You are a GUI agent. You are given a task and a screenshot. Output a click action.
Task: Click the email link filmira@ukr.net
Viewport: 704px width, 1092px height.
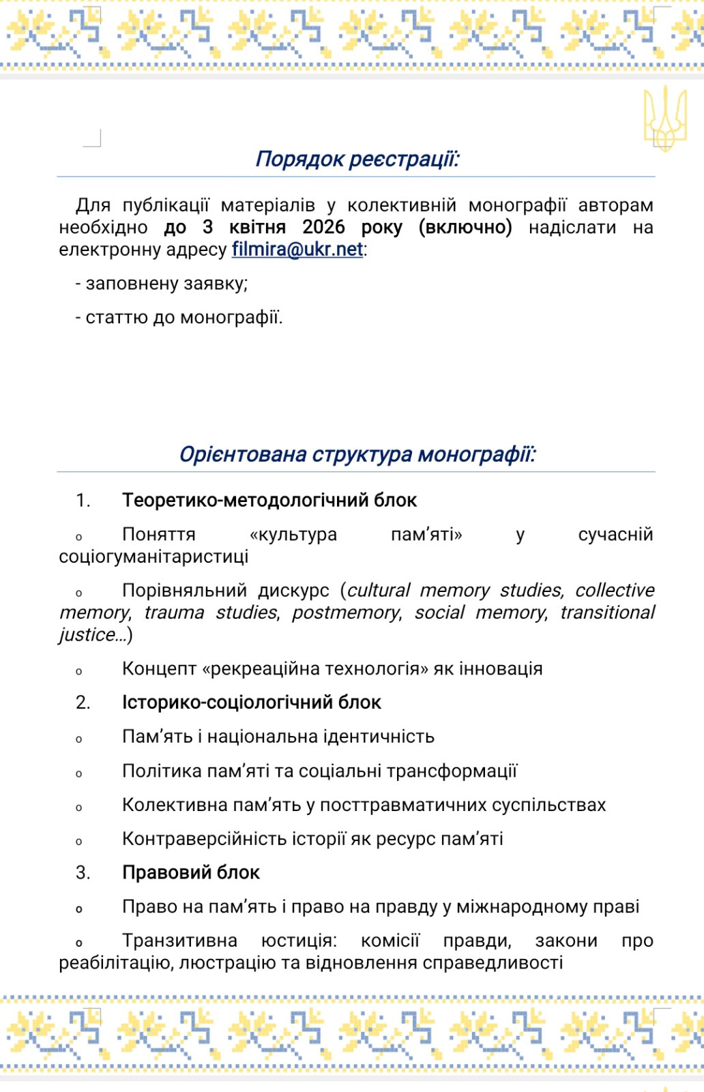pos(297,250)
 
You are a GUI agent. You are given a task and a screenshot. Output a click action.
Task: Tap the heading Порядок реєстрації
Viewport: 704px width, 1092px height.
pos(357,159)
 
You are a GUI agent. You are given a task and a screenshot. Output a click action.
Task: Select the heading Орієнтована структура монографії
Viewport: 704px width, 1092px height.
pos(357,454)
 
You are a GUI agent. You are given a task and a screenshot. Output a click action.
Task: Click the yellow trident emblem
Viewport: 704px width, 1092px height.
pos(664,117)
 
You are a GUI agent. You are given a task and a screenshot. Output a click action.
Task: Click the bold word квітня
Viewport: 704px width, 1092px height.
pos(257,227)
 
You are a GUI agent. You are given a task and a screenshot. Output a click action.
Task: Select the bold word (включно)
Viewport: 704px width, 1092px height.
pos(465,227)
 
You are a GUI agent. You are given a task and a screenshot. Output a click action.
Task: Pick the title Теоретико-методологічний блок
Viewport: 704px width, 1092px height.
pos(269,501)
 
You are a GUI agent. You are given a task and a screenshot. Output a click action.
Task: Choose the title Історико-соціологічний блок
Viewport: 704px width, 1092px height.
pos(251,703)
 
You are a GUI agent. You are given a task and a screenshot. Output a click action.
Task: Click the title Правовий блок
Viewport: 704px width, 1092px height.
pos(191,873)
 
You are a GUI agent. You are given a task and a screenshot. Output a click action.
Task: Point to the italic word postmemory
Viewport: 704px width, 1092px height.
pos(346,613)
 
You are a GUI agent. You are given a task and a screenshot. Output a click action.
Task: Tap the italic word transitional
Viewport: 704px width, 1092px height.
pos(607,613)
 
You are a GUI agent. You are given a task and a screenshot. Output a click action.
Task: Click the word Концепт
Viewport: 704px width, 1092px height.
pos(159,669)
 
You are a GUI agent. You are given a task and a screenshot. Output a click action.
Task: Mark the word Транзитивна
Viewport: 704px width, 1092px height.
pos(179,941)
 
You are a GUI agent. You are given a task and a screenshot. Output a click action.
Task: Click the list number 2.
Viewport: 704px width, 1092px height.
pos(83,703)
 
